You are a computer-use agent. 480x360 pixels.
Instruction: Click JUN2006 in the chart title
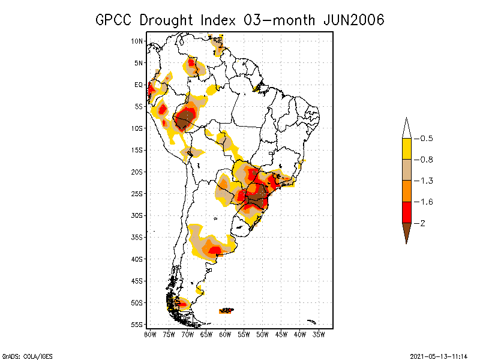(353, 20)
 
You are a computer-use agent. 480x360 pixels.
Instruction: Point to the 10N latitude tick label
(137, 41)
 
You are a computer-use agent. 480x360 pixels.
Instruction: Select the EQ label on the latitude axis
(138, 85)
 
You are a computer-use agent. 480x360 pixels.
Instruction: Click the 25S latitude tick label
(137, 194)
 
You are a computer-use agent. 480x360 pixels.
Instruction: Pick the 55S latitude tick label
(137, 325)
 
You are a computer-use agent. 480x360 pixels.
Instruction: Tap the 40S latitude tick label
(137, 259)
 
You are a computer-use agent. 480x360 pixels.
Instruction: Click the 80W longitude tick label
(150, 334)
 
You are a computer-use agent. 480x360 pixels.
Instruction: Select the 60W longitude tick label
(225, 334)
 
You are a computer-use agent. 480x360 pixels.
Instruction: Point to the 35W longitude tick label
(319, 334)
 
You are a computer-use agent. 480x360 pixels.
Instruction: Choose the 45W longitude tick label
(281, 334)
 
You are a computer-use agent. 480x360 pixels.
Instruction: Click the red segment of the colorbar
(406, 212)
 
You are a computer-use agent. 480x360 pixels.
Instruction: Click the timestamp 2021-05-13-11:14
(439, 355)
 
